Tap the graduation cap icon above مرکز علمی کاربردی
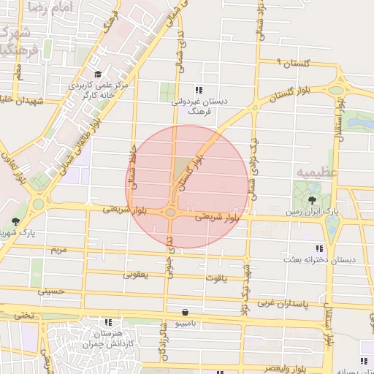(99, 75)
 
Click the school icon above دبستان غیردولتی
(198, 90)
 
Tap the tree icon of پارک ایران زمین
(313, 199)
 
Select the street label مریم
(58, 250)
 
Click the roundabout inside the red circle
(170, 213)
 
